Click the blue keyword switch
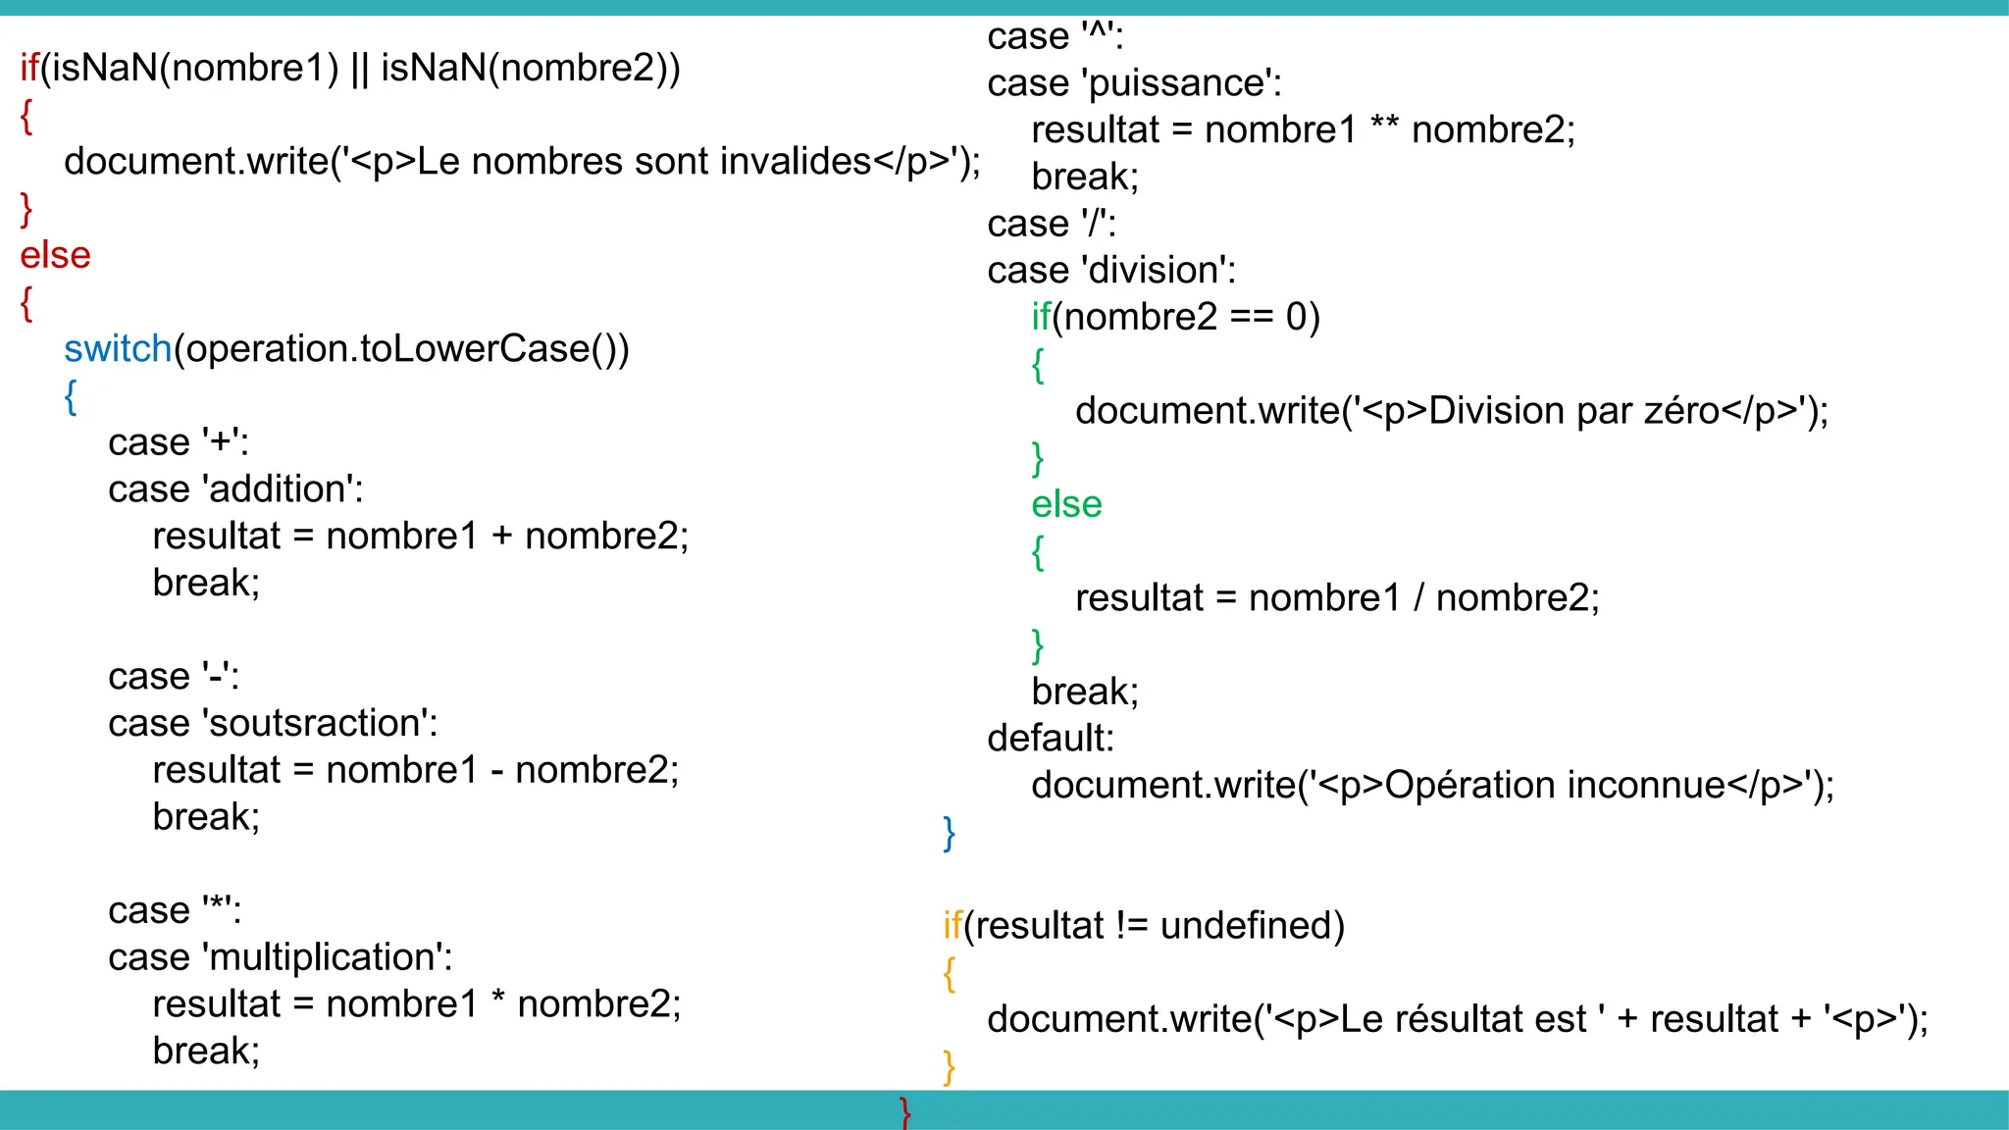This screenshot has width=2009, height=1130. (x=118, y=349)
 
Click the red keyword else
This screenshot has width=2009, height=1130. (x=55, y=255)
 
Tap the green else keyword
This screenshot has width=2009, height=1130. (x=1066, y=504)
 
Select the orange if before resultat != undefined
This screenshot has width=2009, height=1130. (x=952, y=925)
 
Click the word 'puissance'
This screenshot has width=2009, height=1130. (x=1180, y=83)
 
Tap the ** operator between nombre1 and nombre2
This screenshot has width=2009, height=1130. (x=1383, y=128)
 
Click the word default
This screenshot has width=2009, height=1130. (x=1050, y=739)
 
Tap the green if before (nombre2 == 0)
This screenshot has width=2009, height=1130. (x=1040, y=317)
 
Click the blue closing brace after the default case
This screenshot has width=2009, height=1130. (x=949, y=833)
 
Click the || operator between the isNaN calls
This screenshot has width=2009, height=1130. (x=359, y=69)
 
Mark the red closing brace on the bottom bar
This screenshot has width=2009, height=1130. (x=905, y=1112)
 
